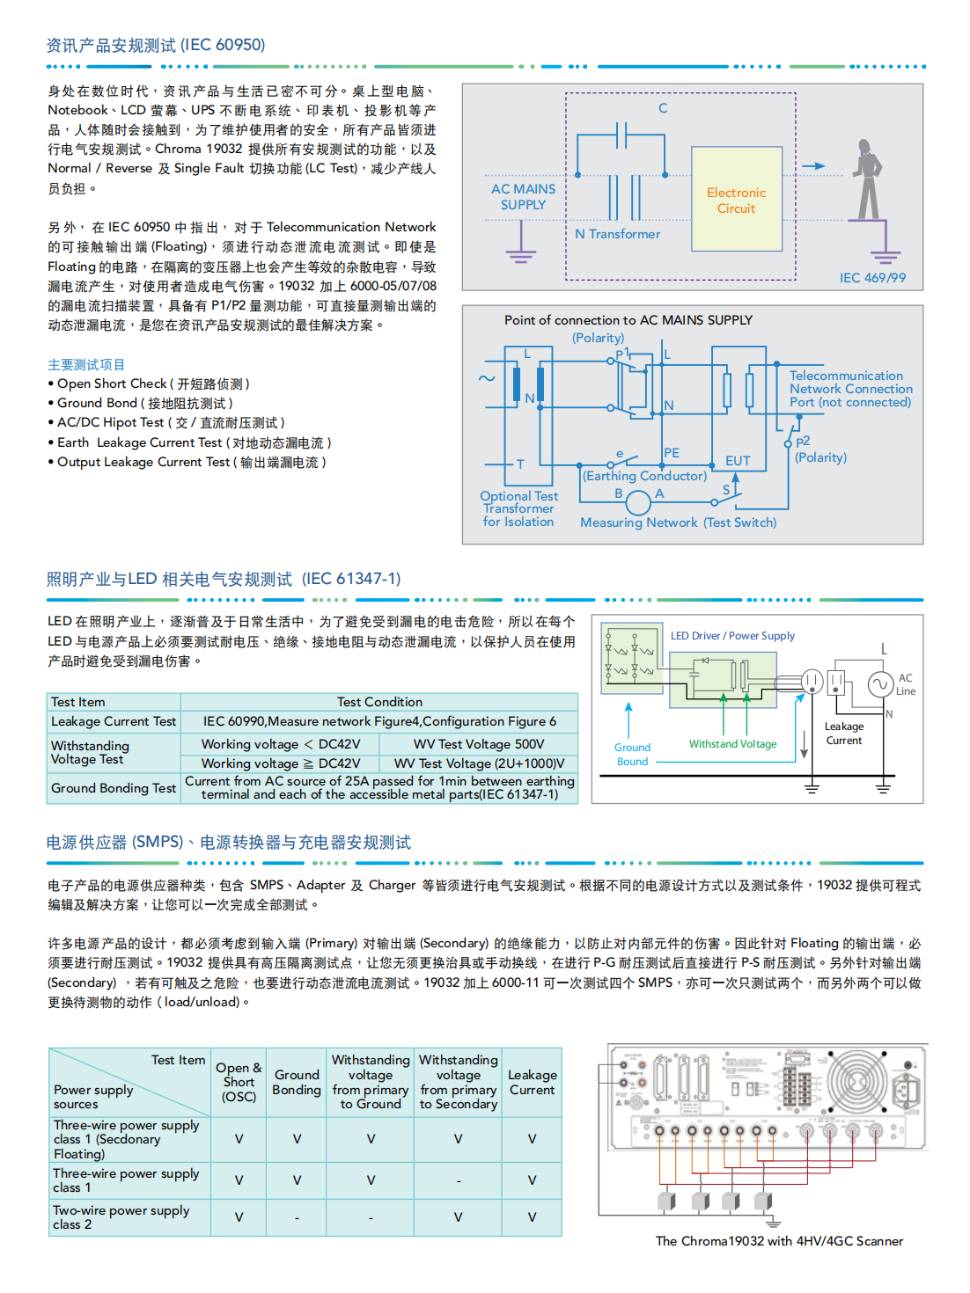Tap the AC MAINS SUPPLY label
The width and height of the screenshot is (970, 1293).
[x=523, y=197]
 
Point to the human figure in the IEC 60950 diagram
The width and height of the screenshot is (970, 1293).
[x=868, y=179]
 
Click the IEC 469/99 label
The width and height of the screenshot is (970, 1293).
[x=871, y=278]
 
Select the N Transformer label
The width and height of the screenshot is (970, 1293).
[x=617, y=234]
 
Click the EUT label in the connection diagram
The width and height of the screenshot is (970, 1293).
[x=738, y=461]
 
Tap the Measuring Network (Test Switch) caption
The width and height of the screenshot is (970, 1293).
[x=678, y=522]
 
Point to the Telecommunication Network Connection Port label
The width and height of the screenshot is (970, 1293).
[x=850, y=389]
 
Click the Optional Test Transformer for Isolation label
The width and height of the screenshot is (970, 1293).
[x=518, y=508]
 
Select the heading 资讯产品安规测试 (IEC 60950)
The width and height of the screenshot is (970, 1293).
[x=156, y=45]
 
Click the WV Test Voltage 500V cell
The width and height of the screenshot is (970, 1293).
[x=479, y=744]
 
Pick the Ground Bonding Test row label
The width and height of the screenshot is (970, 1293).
[x=114, y=788]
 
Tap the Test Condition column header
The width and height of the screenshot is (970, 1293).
[x=379, y=702]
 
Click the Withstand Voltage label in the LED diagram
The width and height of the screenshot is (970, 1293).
[x=732, y=744]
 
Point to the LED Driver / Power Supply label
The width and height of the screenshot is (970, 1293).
[x=732, y=636]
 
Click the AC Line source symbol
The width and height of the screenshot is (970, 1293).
[x=880, y=683]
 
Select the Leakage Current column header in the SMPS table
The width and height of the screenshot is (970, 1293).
[x=532, y=1082]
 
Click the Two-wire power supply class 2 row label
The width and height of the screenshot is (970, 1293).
[x=121, y=1217]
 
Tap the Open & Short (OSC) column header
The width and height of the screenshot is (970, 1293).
[x=239, y=1082]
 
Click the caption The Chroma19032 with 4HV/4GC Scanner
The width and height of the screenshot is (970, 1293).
[x=779, y=1241]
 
